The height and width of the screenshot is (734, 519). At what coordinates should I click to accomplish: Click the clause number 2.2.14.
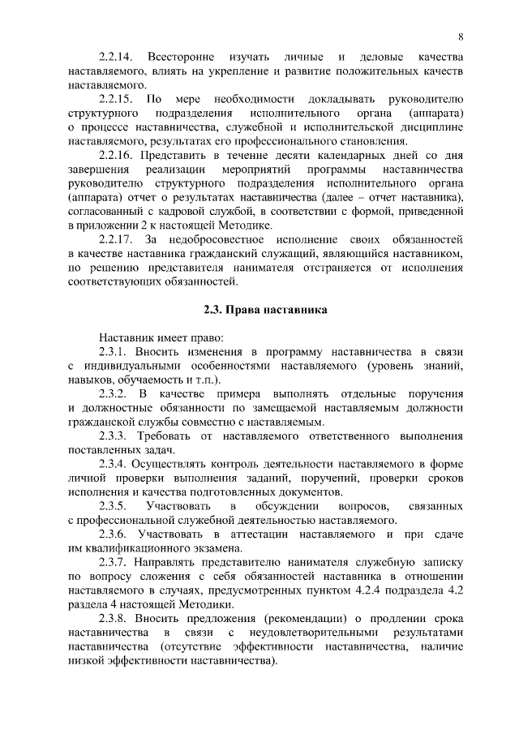(x=115, y=56)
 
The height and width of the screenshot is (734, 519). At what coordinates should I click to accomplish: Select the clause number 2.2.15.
(x=115, y=98)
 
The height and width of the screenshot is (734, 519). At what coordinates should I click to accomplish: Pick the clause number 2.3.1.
(x=112, y=351)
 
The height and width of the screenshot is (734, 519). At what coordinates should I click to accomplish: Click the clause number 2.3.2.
(x=112, y=393)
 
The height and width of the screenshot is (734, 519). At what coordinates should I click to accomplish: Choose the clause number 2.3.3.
(x=112, y=436)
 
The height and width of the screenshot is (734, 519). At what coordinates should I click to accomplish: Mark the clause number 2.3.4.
(x=112, y=464)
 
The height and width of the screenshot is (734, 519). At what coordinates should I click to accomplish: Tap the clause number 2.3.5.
(x=112, y=506)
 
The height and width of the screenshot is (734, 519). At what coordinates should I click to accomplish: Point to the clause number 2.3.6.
(x=112, y=534)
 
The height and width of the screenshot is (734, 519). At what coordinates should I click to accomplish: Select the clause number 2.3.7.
(x=112, y=562)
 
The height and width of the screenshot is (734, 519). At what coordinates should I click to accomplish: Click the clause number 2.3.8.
(x=112, y=619)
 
